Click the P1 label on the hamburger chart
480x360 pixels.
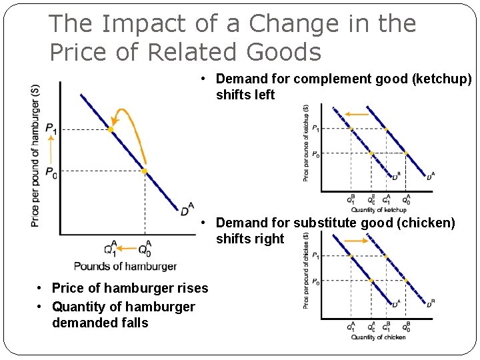[51, 129]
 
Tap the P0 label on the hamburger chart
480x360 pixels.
[51, 172]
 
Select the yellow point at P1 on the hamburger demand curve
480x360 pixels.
[111, 129]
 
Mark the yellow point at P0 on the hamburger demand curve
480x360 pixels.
[145, 171]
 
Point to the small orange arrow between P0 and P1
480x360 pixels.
[51, 151]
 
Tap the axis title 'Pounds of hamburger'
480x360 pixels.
[125, 266]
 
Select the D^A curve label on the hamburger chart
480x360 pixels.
[187, 210]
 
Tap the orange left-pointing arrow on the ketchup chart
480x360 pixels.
[357, 115]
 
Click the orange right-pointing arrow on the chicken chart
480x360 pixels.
[357, 240]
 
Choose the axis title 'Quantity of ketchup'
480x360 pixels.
[378, 210]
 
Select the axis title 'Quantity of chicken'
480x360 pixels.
[378, 337]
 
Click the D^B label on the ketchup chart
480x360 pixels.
[396, 176]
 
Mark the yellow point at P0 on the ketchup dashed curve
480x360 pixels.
[371, 153]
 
